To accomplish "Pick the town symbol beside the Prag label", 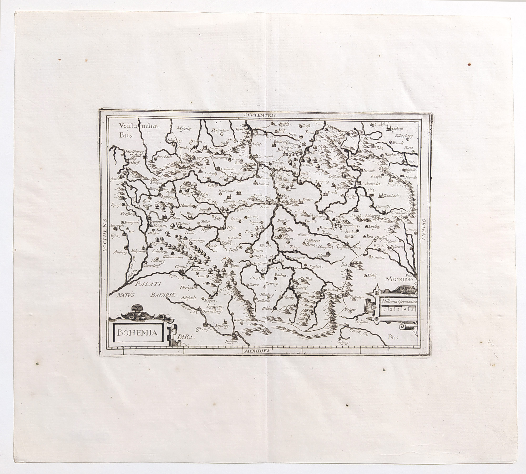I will click(x=278, y=197).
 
